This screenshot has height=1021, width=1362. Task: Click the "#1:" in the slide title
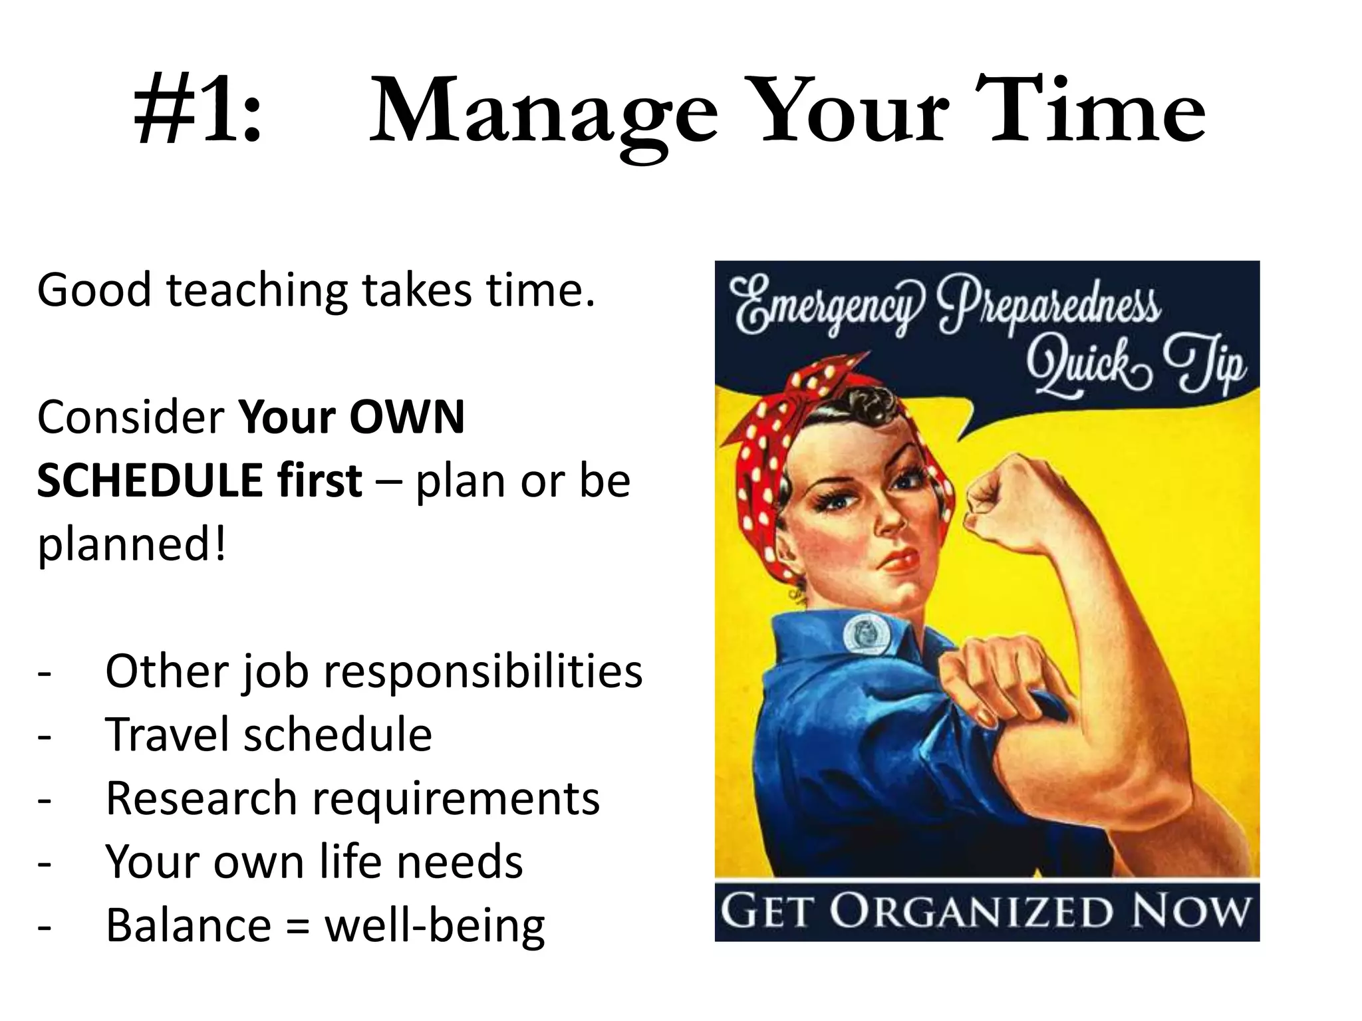[x=198, y=112]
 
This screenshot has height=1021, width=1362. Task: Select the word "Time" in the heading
[x=1097, y=112]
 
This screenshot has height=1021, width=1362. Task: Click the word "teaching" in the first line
[x=257, y=291]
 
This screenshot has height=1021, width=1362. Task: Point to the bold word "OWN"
[x=407, y=417]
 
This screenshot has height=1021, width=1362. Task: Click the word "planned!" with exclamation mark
[x=132, y=544]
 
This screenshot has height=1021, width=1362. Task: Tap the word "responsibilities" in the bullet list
[x=482, y=671]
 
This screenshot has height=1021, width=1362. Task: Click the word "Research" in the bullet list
[x=201, y=798]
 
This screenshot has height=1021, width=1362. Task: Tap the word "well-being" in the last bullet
[x=434, y=925]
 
